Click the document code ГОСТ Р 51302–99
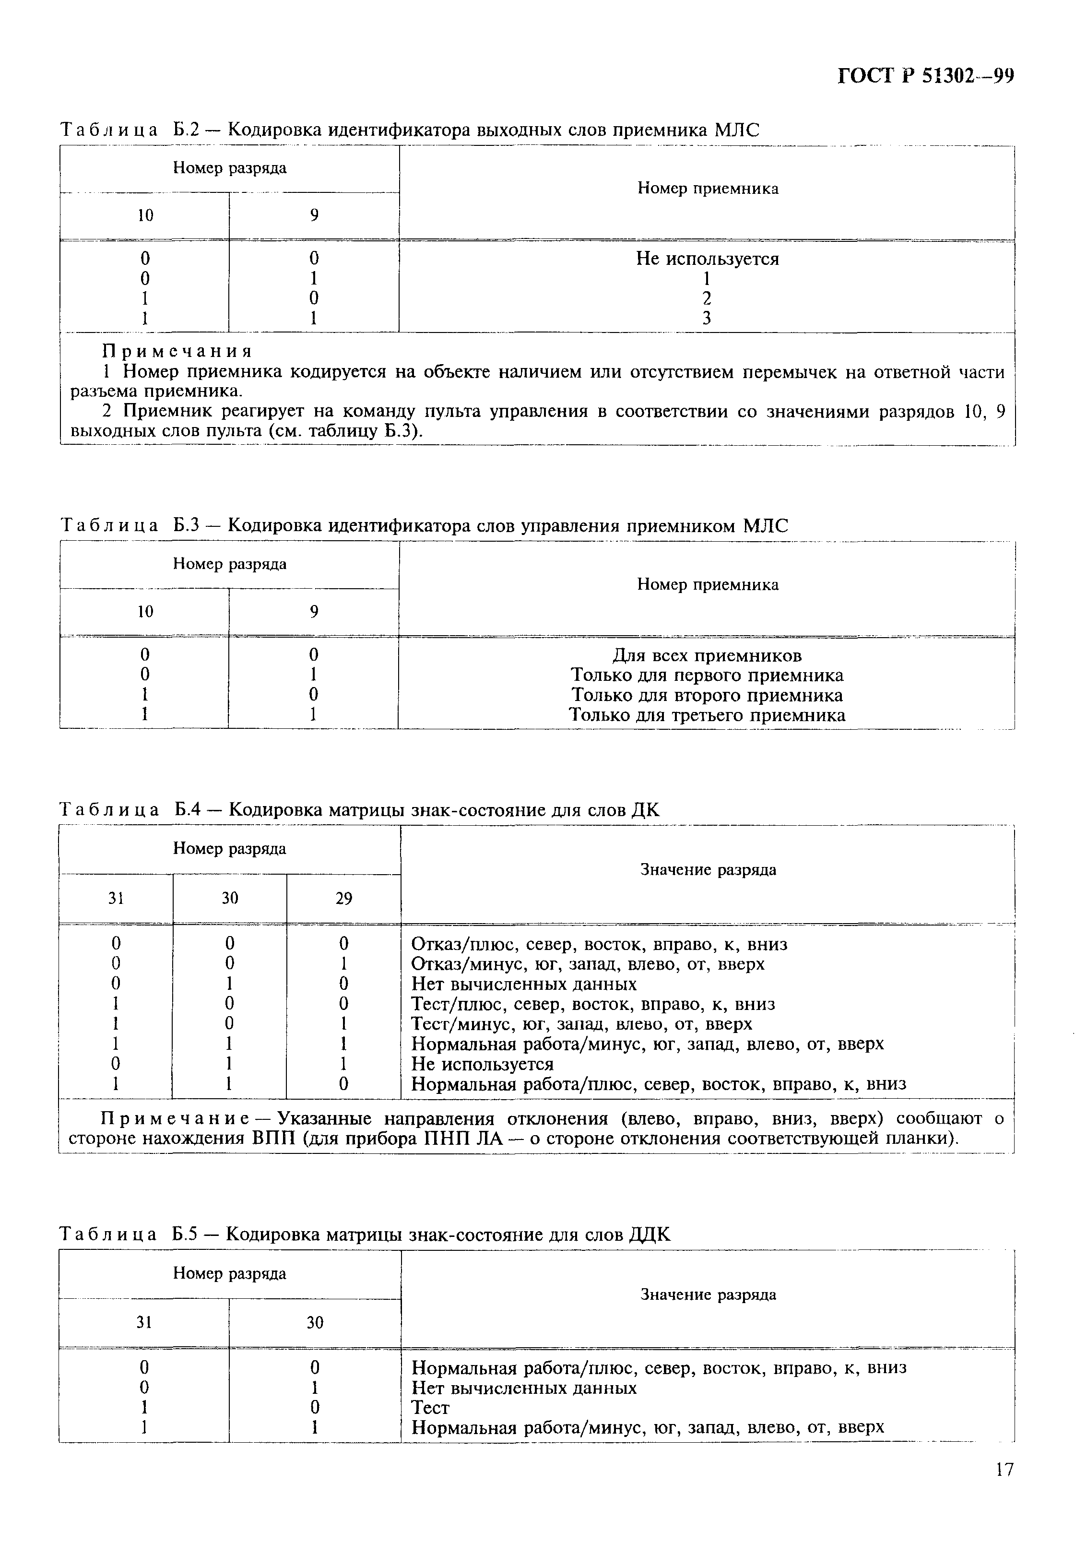click(x=925, y=76)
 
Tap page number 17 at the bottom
click(x=1004, y=1488)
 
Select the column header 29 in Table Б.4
click(x=343, y=899)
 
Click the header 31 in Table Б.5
click(x=144, y=1323)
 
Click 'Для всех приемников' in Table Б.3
click(x=707, y=655)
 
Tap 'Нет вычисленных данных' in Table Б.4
click(x=523, y=984)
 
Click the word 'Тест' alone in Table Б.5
click(x=430, y=1407)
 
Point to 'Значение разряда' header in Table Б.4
click(x=708, y=870)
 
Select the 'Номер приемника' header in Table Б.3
click(x=708, y=585)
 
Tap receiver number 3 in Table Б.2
click(x=707, y=318)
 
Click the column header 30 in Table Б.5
click(x=314, y=1323)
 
